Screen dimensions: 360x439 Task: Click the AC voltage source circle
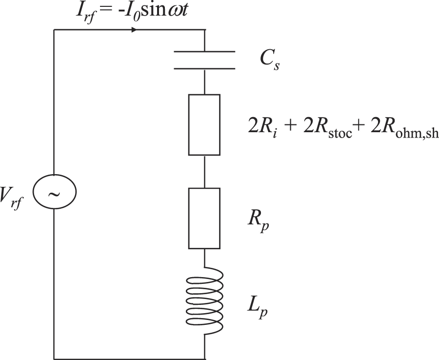click(x=54, y=194)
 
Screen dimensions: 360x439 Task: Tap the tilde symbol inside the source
click(x=54, y=195)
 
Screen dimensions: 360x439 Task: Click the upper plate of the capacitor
click(x=204, y=51)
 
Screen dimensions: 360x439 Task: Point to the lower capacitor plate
click(x=204, y=68)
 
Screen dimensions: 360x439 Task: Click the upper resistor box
click(x=204, y=125)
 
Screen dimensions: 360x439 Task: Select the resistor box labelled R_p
click(x=204, y=218)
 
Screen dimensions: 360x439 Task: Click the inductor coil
click(x=205, y=300)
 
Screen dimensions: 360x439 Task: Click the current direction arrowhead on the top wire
click(x=133, y=30)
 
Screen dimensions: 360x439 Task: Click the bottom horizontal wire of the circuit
click(x=129, y=359)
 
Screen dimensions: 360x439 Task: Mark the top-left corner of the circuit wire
click(x=54, y=30)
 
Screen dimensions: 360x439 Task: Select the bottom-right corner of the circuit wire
click(x=204, y=359)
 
